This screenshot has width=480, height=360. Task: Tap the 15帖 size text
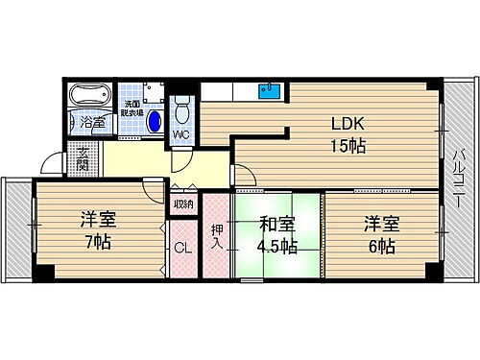click(x=348, y=147)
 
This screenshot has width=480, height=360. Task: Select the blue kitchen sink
click(x=268, y=93)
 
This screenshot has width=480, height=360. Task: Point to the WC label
click(x=180, y=134)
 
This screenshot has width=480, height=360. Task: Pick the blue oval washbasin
click(x=154, y=122)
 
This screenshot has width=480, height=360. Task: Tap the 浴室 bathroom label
click(x=92, y=123)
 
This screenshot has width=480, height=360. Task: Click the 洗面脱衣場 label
click(x=132, y=108)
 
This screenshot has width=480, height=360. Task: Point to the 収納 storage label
click(x=182, y=204)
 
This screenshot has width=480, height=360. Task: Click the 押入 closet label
click(x=216, y=236)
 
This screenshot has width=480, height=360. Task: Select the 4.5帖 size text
click(x=277, y=247)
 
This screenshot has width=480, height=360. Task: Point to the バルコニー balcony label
click(x=458, y=181)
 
